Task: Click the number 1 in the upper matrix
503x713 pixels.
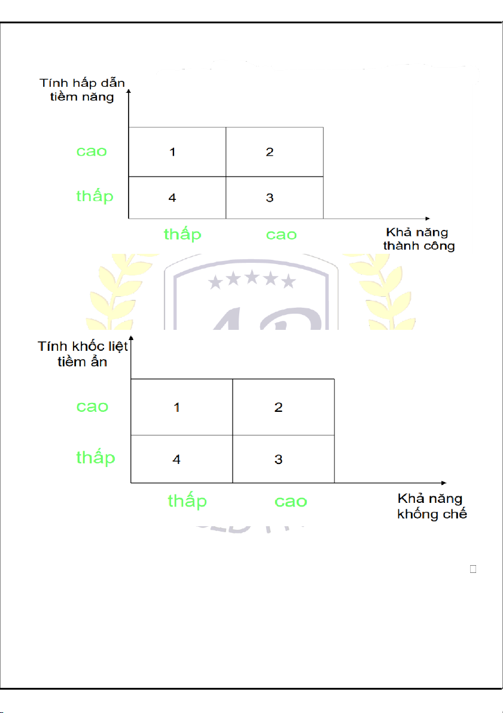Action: tap(172, 152)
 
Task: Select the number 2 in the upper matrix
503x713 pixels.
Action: tap(270, 152)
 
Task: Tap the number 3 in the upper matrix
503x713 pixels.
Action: tap(270, 198)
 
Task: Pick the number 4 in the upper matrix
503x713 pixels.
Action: tap(172, 198)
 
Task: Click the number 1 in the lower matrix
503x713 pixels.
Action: tap(177, 408)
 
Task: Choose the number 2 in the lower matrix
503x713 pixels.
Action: tap(279, 408)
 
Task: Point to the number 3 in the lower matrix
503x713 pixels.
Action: tap(279, 460)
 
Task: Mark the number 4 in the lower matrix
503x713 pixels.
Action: tap(177, 460)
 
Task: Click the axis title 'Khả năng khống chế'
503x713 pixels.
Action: tap(432, 506)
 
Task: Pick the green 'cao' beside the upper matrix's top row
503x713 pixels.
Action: tap(92, 151)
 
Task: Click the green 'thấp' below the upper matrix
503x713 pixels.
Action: tap(182, 234)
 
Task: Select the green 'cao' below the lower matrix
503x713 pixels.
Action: tap(291, 501)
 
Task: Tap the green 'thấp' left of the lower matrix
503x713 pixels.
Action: tap(96, 457)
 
